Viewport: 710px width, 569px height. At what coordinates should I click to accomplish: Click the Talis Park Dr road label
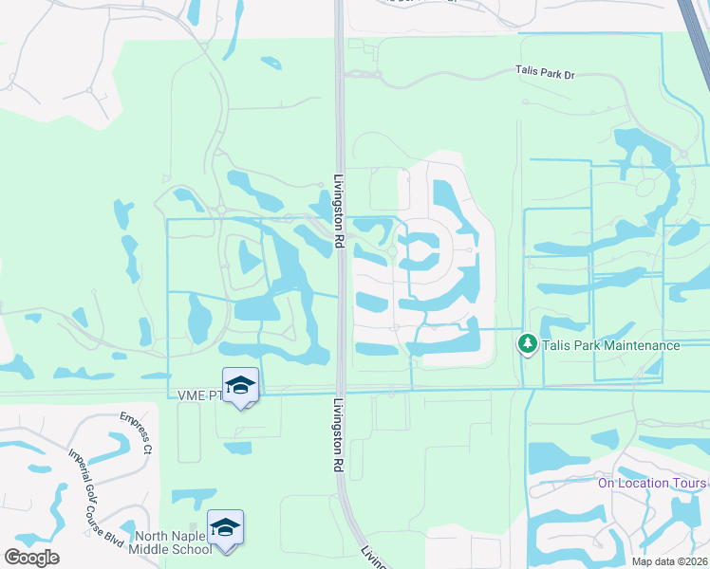tap(546, 71)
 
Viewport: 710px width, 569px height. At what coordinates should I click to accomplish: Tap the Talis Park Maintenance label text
tap(610, 345)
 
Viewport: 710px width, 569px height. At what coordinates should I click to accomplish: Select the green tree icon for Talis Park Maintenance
tap(527, 345)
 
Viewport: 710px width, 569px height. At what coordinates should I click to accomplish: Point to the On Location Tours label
tap(652, 482)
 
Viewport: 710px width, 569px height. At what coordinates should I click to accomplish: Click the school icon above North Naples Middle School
tap(226, 526)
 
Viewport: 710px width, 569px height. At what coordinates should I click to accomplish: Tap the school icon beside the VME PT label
tap(240, 384)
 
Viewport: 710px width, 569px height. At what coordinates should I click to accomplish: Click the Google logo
tap(31, 558)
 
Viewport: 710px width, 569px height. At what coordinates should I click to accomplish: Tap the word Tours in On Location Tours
tap(689, 482)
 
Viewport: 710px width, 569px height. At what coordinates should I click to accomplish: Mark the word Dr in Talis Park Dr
tap(569, 71)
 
